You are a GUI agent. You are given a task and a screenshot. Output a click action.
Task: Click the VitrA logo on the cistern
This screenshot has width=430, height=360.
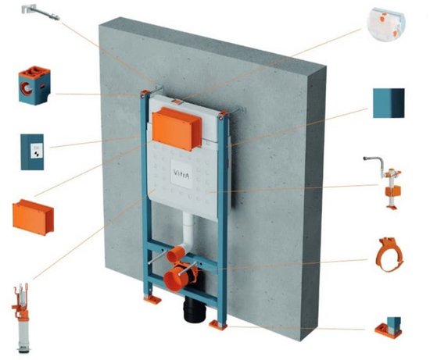[181, 173]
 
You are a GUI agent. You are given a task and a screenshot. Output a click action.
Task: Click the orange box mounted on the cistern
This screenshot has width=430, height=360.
[177, 128]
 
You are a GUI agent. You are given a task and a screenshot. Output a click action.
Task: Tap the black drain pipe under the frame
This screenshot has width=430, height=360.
[195, 309]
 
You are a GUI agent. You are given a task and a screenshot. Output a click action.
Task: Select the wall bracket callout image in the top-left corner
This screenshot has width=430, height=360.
[41, 12]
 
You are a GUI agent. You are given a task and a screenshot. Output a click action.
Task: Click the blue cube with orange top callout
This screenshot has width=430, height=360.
[34, 85]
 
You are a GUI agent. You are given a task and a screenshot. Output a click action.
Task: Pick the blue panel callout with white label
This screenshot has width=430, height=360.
[32, 151]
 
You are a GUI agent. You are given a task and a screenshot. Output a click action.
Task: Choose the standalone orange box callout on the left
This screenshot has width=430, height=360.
[33, 217]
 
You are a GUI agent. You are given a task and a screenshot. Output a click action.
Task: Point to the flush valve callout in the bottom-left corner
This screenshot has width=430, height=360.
[21, 317]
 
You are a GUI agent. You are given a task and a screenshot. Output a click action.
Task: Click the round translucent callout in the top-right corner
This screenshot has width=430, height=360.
[386, 25]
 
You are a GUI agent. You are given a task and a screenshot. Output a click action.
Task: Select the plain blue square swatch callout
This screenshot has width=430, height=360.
[389, 103]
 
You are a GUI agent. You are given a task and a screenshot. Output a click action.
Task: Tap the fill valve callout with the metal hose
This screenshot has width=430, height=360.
[387, 183]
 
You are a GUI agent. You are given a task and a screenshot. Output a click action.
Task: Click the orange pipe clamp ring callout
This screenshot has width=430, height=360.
[389, 255]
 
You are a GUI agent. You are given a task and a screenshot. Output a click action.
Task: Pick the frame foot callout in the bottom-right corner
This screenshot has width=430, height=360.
[388, 328]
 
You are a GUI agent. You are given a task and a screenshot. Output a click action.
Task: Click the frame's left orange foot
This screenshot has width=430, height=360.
[152, 299]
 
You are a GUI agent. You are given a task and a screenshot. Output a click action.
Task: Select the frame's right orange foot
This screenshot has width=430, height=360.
[218, 325]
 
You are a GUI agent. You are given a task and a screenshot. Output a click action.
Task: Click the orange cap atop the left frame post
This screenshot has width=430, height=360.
[145, 93]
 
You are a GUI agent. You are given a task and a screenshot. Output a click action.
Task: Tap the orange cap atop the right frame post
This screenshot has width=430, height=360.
[223, 114]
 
